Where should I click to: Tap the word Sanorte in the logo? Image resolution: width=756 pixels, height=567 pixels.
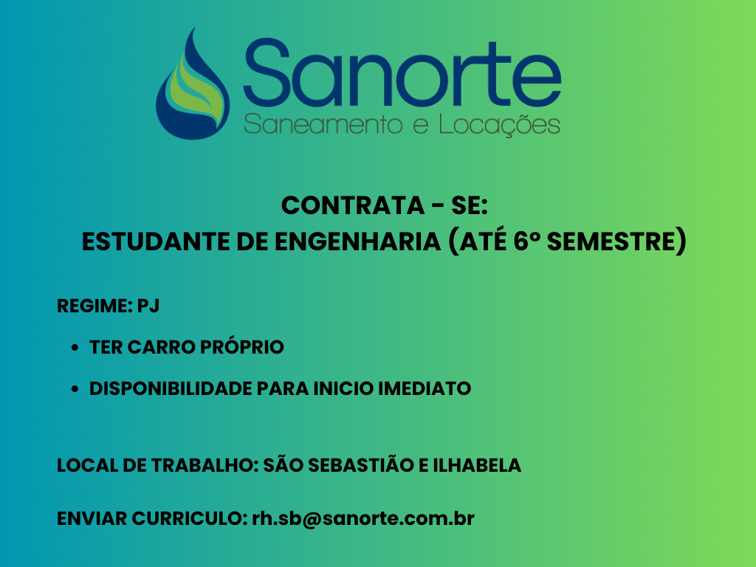[402, 73]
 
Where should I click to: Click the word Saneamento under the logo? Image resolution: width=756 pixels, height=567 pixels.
[323, 125]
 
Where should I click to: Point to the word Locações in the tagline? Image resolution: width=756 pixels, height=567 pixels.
[500, 125]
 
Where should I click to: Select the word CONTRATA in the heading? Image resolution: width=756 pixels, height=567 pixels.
[352, 205]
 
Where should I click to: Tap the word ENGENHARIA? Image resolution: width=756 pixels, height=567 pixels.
[358, 241]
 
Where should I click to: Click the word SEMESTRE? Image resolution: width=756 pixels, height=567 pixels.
[611, 241]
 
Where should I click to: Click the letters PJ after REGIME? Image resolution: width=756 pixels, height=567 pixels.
[148, 306]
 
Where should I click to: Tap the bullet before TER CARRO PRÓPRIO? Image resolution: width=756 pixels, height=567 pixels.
[75, 348]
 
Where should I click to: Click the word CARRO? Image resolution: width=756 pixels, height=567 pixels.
[162, 347]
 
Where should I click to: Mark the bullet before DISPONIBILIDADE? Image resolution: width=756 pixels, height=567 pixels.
[75, 388]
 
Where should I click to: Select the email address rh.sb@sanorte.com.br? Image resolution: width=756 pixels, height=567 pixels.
[363, 519]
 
